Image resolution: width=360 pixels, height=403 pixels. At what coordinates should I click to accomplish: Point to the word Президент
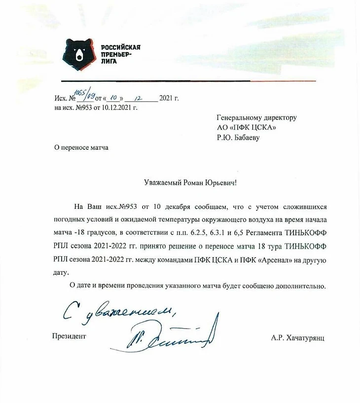(x=69, y=336)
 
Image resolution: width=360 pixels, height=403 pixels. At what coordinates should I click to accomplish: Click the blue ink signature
(x=168, y=335)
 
